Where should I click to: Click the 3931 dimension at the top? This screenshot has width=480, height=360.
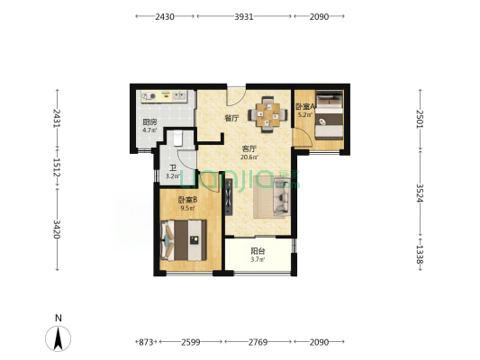[244, 16]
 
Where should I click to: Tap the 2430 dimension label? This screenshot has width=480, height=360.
[165, 16]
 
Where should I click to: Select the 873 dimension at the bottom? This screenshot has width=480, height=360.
[146, 342]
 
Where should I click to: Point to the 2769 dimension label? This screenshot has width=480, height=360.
[258, 342]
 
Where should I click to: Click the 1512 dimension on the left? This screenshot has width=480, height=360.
[57, 167]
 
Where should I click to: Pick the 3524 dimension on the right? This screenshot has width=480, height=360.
[420, 193]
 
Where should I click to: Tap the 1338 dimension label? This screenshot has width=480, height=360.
[420, 255]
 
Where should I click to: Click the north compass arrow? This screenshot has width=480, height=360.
[59, 338]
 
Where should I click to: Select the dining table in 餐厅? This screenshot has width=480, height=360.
[268, 114]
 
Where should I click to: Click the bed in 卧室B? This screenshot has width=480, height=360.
[183, 240]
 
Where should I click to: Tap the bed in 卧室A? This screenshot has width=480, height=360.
[330, 115]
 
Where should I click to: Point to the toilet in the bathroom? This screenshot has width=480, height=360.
[177, 139]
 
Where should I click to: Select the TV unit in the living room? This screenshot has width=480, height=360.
[229, 196]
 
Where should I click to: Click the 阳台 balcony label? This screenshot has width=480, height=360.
[258, 251]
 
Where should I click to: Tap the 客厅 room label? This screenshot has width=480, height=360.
[249, 149]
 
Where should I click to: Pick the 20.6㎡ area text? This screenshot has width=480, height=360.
[249, 157]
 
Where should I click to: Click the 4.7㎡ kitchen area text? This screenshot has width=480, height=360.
[149, 130]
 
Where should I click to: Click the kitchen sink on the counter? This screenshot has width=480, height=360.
[180, 96]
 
